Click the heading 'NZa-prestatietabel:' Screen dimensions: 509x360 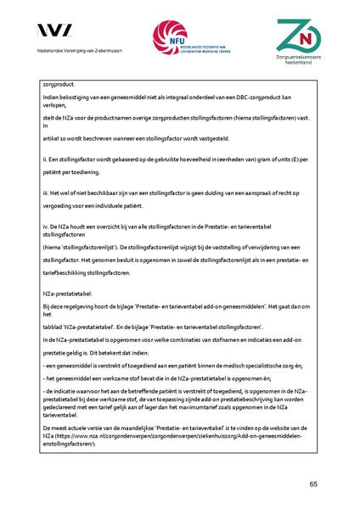click(65, 290)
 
